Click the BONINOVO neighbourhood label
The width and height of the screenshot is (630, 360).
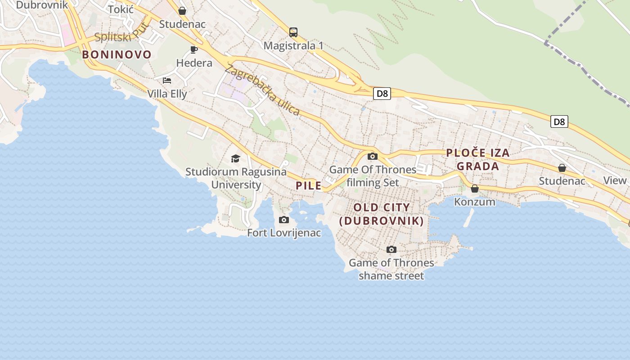click(117, 55)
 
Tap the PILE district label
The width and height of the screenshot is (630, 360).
click(309, 185)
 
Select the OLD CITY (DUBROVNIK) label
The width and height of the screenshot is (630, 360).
click(382, 214)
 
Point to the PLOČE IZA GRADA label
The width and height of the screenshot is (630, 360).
click(478, 159)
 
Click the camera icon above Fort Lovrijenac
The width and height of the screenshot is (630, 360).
click(284, 220)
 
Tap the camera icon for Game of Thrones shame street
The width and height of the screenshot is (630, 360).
click(391, 249)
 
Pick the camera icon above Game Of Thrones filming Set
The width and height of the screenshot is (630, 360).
click(373, 157)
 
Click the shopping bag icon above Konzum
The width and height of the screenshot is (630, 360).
click(475, 189)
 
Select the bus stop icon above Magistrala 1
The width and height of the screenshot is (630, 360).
click(293, 32)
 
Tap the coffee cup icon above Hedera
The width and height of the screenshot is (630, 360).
click(194, 49)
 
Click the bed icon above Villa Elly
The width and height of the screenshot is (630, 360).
click(167, 81)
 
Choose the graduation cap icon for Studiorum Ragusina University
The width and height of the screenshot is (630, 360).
click(235, 158)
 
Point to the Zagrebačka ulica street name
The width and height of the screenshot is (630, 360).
click(262, 90)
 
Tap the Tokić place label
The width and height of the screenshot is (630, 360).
click(121, 9)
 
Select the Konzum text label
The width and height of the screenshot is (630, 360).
click(475, 202)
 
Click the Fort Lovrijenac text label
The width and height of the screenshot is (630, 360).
click(284, 233)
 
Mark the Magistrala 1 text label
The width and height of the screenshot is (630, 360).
click(293, 45)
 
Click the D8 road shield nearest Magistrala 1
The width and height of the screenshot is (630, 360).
click(382, 94)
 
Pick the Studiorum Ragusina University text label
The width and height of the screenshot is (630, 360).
click(236, 178)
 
